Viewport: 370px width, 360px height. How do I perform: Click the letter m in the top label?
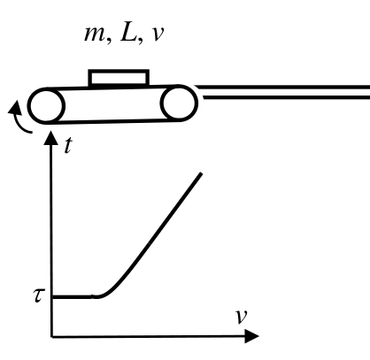[95, 34]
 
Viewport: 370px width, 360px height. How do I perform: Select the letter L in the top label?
[127, 33]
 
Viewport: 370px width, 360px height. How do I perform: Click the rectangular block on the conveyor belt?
[119, 78]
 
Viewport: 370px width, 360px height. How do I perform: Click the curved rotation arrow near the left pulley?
[19, 121]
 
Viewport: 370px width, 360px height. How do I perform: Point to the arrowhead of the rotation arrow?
[15, 107]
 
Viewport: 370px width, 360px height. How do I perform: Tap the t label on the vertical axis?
[68, 145]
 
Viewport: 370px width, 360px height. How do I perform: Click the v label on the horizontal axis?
[241, 317]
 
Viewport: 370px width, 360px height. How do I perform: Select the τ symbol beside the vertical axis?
[39, 295]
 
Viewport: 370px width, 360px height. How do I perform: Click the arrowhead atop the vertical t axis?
[50, 138]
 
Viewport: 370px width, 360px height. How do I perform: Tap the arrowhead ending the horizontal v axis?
[252, 336]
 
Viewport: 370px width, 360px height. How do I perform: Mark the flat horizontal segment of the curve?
[72, 296]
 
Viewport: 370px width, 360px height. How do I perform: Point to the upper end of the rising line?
[201, 174]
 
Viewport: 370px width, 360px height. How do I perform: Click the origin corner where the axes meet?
[52, 336]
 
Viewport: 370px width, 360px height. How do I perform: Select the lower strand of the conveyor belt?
[113, 121]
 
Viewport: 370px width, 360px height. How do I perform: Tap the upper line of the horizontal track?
[282, 88]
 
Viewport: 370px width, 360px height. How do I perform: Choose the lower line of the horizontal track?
[286, 97]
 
